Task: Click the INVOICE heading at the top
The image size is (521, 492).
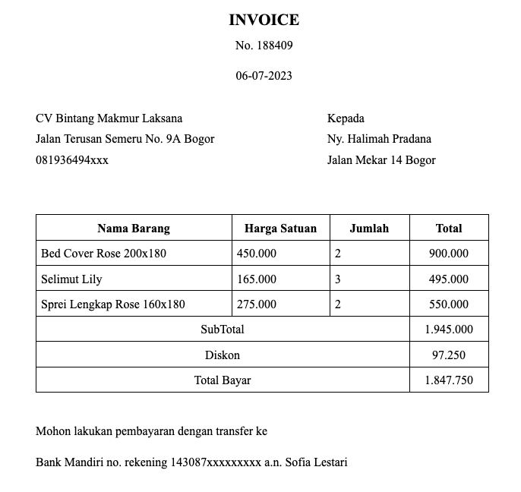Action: click(264, 20)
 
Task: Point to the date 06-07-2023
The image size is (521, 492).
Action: click(264, 76)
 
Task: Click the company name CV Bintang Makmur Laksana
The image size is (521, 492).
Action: click(109, 118)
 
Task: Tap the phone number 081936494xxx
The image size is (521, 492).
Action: click(71, 160)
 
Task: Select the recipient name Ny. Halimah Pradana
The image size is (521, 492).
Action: click(379, 139)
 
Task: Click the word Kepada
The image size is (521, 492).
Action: click(346, 118)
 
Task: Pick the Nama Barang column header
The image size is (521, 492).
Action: click(134, 228)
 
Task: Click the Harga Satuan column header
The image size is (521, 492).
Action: click(280, 228)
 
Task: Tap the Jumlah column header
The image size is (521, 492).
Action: click(369, 228)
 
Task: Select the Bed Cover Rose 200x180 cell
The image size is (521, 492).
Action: click(103, 254)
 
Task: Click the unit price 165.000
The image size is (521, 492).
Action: click(257, 279)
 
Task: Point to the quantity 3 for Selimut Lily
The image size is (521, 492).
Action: click(337, 279)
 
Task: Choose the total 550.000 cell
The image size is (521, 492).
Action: click(449, 304)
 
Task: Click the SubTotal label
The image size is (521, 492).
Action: click(222, 330)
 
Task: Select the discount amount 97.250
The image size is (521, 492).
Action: click(449, 355)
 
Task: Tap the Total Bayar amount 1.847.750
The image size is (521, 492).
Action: click(449, 380)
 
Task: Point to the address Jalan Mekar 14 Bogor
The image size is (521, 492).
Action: click(381, 160)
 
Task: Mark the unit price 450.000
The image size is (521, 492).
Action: click(257, 254)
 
